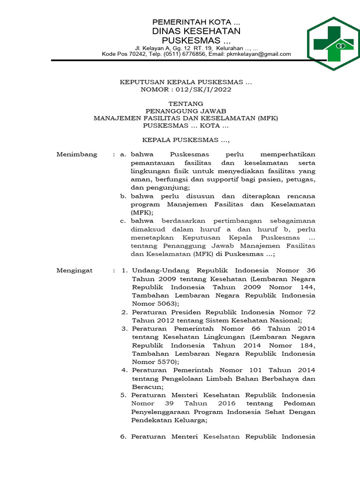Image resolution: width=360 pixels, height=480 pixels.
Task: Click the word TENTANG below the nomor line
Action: (x=186, y=104)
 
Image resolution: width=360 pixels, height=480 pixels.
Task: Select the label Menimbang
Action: (x=77, y=154)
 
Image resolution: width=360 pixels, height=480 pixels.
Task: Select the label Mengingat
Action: (x=75, y=270)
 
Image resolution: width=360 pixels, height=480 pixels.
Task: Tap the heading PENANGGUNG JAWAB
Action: (x=186, y=111)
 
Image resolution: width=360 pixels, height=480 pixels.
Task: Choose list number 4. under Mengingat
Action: (x=124, y=370)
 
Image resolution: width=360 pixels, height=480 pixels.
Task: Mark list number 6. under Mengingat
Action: (x=124, y=436)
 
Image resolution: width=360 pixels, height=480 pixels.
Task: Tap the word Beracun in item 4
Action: (x=146, y=387)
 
